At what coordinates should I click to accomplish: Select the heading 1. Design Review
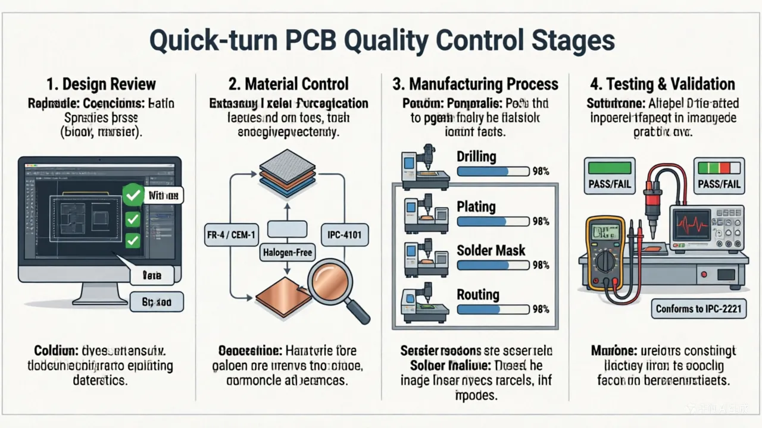(x=101, y=84)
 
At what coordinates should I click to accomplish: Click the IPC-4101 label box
(x=345, y=235)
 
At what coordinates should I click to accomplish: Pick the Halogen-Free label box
(x=288, y=253)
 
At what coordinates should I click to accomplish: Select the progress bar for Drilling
(x=492, y=171)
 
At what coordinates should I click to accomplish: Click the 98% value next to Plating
(x=541, y=222)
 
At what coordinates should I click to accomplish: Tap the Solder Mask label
(x=491, y=250)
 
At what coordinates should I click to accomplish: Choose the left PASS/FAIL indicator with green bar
(x=610, y=176)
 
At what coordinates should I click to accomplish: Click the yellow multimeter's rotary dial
(x=605, y=260)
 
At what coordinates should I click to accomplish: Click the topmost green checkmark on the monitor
(x=132, y=194)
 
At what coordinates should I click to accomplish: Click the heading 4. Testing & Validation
(x=660, y=84)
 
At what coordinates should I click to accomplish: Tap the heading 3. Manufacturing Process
(x=475, y=84)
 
